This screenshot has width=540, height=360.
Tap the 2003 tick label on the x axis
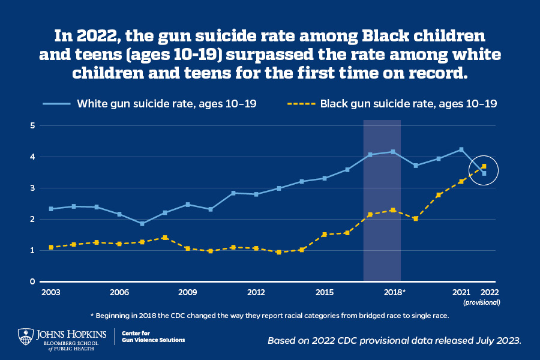[51, 292]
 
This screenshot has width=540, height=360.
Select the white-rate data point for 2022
[484, 173]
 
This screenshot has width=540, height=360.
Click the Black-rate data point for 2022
[484, 166]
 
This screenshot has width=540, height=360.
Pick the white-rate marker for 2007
[142, 224]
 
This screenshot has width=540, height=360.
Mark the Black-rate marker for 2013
[279, 252]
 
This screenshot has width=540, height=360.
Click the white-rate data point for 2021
[461, 149]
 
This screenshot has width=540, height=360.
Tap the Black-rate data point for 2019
[415, 218]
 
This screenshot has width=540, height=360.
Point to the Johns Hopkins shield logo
[25, 337]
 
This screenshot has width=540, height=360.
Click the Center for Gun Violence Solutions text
[153, 336]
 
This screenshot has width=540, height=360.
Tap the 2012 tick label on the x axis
[256, 292]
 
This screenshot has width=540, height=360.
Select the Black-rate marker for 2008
[165, 238]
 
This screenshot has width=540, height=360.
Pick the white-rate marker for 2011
[233, 193]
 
